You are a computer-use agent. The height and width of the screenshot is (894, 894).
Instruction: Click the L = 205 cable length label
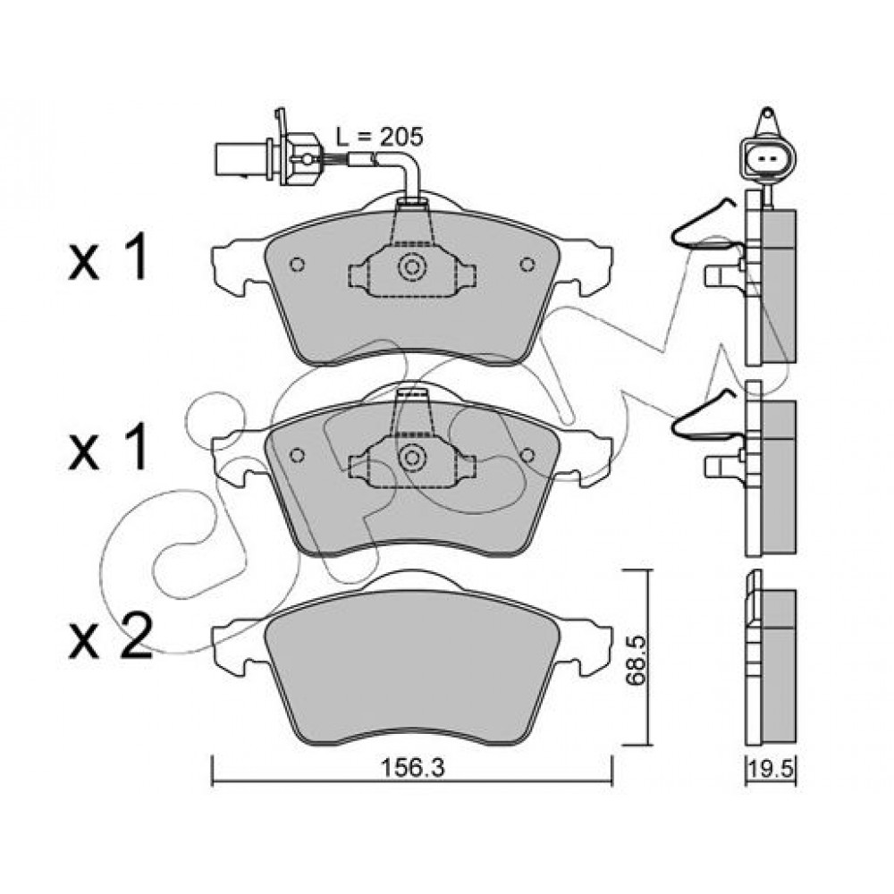(x=379, y=137)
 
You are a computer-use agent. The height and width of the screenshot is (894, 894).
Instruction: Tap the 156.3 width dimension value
(x=412, y=768)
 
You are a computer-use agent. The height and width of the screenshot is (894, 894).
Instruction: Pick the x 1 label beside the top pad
(x=108, y=259)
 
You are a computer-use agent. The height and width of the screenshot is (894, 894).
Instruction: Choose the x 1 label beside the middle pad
(x=108, y=448)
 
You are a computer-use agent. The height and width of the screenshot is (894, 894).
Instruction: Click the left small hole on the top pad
(x=297, y=265)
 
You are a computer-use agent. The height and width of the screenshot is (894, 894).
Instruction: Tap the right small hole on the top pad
(x=527, y=265)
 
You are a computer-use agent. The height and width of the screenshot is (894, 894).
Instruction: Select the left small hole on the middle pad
(x=297, y=455)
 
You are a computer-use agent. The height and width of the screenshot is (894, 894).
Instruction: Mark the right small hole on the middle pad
(x=527, y=455)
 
